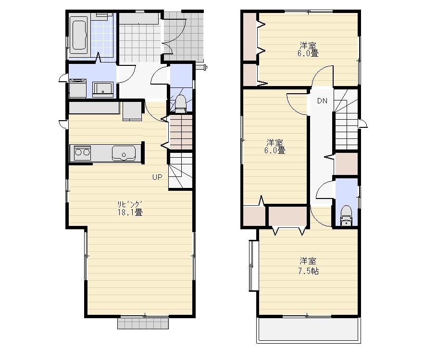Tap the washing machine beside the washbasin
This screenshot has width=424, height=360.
[77, 88]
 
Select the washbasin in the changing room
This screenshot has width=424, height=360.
[103, 89]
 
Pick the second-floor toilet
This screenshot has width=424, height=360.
[346, 216]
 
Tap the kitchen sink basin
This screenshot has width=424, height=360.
[124, 154]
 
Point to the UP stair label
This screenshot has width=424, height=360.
[157, 177]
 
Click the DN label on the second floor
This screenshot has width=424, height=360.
[322, 101]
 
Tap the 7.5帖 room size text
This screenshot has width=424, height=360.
[308, 271]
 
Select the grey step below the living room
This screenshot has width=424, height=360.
[143, 323]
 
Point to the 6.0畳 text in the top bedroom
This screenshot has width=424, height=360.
[308, 54]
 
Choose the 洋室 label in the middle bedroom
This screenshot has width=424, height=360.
[274, 143]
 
